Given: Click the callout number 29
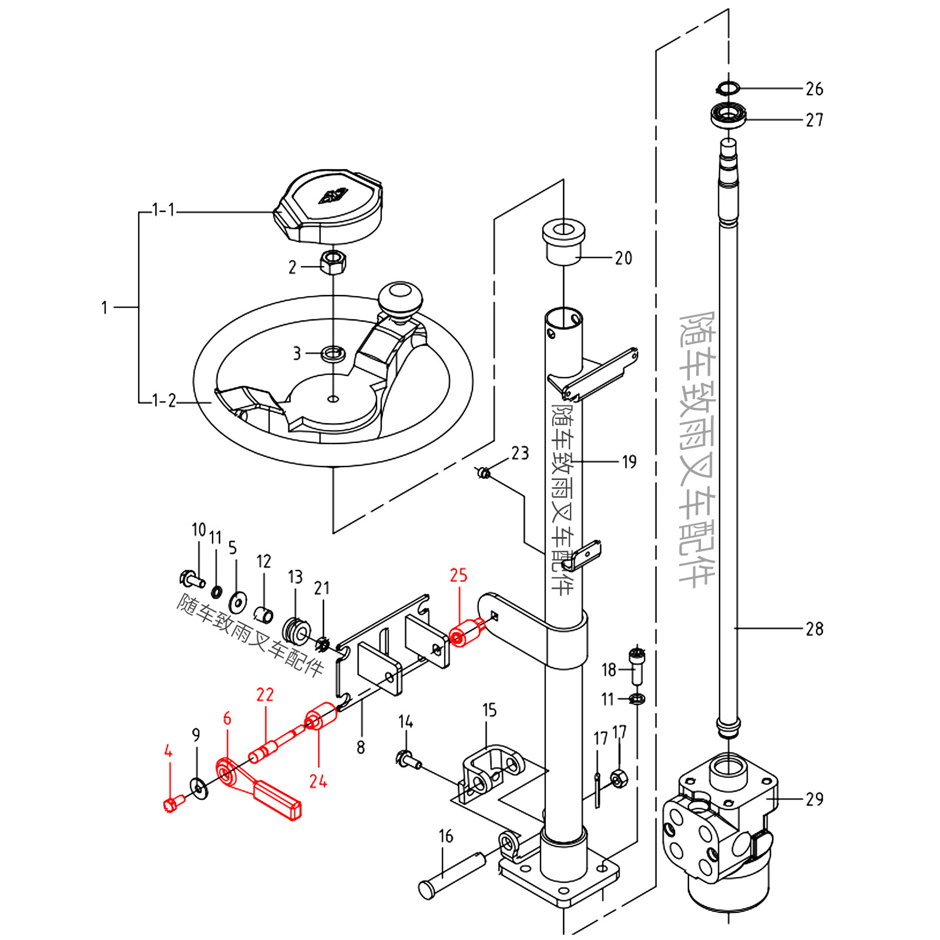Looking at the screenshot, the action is point(814,799).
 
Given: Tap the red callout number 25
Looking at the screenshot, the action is point(459,575).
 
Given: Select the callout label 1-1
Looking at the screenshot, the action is point(163,210).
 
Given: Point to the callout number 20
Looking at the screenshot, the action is point(623,258).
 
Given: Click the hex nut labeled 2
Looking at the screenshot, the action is point(333,261).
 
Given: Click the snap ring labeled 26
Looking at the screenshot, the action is point(727,88).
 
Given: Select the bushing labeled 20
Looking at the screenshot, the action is point(563,242).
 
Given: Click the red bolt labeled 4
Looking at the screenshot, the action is point(174,803).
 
